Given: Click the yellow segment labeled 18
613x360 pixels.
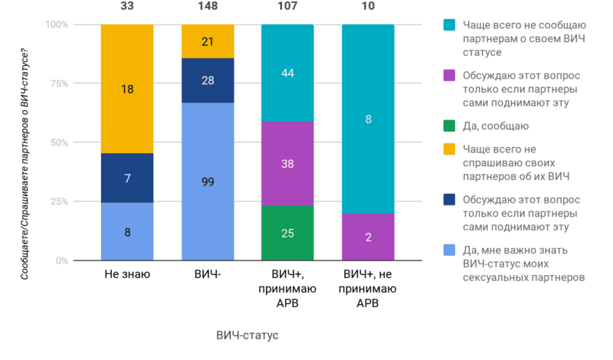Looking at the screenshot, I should pyautogui.click(x=127, y=89).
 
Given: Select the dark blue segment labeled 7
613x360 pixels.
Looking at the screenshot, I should pyautogui.click(x=127, y=178).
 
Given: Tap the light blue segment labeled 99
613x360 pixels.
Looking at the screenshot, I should pyautogui.click(x=207, y=182).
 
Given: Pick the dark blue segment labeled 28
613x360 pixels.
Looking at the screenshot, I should pyautogui.click(x=207, y=80).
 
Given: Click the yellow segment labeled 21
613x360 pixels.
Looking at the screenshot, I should pyautogui.click(x=207, y=41).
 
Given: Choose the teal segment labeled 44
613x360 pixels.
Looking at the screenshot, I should pyautogui.click(x=287, y=73).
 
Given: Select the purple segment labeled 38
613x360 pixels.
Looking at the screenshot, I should pyautogui.click(x=287, y=163).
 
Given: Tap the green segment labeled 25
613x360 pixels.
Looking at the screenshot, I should pyautogui.click(x=287, y=233).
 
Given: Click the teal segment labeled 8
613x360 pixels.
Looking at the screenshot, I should pyautogui.click(x=368, y=119).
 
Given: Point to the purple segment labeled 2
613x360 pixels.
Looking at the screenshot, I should pyautogui.click(x=368, y=237).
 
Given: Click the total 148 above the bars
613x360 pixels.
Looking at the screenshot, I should pyautogui.click(x=207, y=6).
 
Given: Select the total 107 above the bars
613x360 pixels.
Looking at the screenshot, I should pyautogui.click(x=287, y=6).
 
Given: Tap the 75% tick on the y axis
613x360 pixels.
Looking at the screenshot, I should pyautogui.click(x=80, y=83).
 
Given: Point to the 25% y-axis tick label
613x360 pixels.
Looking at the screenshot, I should pyautogui.click(x=80, y=202).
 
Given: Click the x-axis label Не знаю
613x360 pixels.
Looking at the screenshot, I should pyautogui.click(x=127, y=274).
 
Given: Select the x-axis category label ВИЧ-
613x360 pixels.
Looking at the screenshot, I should pyautogui.click(x=207, y=274).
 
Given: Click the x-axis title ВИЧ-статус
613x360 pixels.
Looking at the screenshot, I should pyautogui.click(x=247, y=335).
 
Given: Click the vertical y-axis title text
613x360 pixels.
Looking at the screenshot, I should pyautogui.click(x=25, y=153).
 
